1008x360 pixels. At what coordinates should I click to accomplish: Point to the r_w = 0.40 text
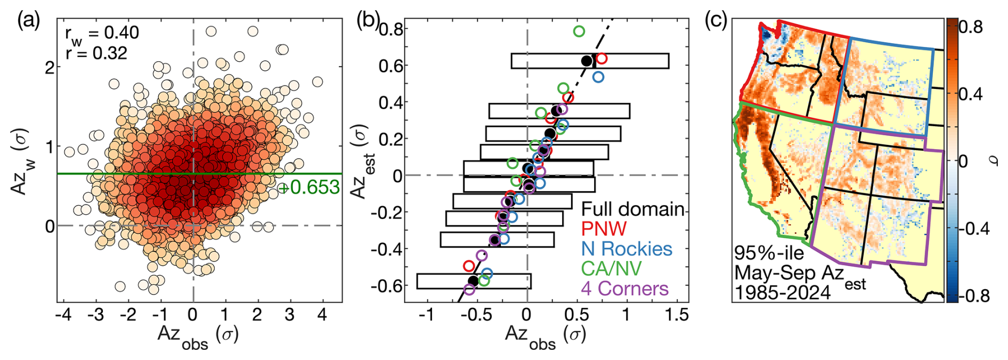(x=102, y=33)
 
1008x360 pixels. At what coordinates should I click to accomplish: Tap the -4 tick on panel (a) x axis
(x=64, y=315)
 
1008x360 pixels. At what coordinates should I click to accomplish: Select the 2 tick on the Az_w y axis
(x=50, y=68)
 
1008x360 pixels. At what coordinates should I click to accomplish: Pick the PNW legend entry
(x=604, y=228)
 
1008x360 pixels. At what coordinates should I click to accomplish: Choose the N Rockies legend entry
(x=627, y=249)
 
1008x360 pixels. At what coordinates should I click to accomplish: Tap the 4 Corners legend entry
(x=624, y=289)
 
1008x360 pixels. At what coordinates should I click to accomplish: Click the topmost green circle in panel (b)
(x=579, y=31)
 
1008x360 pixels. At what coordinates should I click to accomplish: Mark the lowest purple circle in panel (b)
(x=469, y=290)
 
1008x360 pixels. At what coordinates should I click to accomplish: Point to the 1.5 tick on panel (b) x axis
(x=677, y=315)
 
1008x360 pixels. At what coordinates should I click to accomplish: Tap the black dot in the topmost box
(x=587, y=61)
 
